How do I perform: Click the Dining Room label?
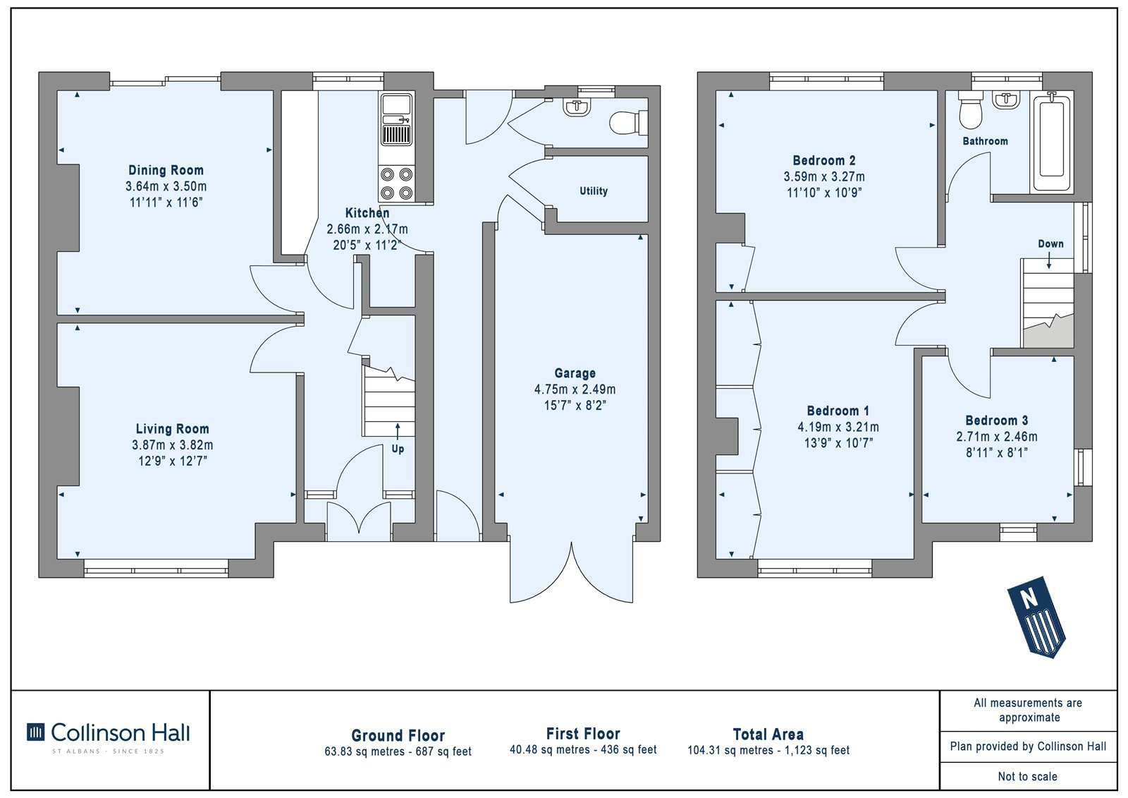166,170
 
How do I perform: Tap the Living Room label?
172,429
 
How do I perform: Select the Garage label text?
575,373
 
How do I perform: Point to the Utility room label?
593,191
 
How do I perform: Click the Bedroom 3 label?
997,421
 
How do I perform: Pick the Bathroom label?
985,141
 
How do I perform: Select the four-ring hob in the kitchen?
397,183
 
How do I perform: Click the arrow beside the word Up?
398,432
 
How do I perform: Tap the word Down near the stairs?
1050,244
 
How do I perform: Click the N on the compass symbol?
1029,598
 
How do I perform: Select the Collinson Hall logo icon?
36,732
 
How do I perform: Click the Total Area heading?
768,734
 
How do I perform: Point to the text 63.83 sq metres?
364,751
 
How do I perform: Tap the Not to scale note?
1028,776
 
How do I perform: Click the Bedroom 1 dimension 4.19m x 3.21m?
838,428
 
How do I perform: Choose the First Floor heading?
583,734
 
